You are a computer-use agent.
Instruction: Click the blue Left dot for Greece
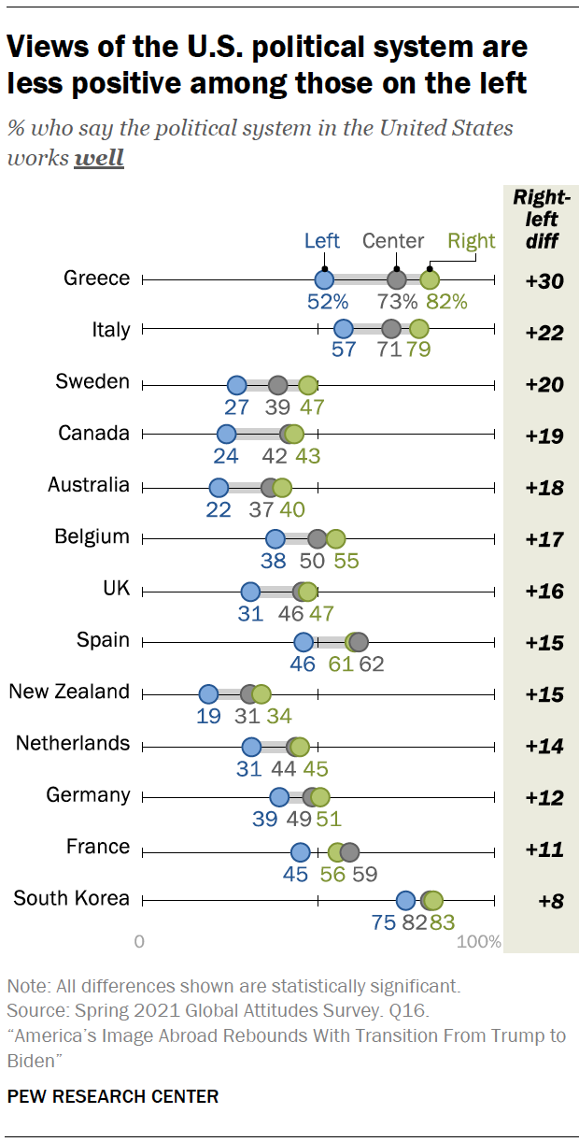[323, 279]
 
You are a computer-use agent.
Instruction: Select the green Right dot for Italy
[418, 328]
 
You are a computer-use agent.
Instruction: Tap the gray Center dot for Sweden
[277, 385]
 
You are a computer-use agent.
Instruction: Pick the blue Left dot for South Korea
[405, 900]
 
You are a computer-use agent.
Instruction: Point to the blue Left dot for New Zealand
[208, 694]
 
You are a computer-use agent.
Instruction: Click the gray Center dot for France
[349, 852]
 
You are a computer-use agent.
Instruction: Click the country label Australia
[89, 485]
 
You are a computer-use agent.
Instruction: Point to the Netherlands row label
[73, 743]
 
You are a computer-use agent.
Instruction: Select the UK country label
[116, 589]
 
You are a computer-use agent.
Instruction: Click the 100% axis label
[480, 941]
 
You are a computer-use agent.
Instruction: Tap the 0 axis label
[139, 941]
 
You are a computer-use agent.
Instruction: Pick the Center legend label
[393, 241]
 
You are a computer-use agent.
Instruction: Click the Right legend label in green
[472, 241]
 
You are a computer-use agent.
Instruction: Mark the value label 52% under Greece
[322, 302]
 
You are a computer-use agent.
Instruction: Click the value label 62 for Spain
[371, 664]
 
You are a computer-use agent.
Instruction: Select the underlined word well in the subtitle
[99, 157]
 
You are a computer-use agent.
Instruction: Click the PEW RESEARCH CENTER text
[113, 1096]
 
